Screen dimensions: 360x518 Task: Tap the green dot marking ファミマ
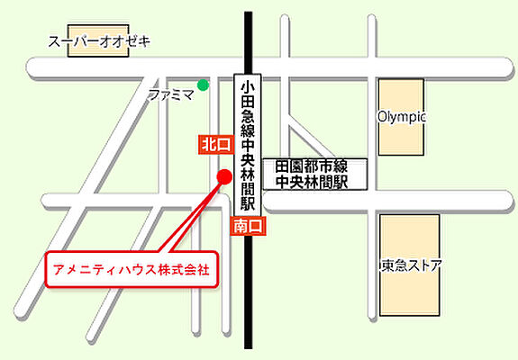pyautogui.click(x=204, y=85)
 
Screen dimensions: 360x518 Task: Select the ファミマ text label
pyautogui.click(x=171, y=94)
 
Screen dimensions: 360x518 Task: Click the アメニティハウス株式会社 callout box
pyautogui.click(x=132, y=269)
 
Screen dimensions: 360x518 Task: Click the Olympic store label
pyautogui.click(x=401, y=117)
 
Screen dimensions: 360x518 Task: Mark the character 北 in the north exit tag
pyautogui.click(x=210, y=144)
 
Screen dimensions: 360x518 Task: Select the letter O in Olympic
pyautogui.click(x=382, y=117)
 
